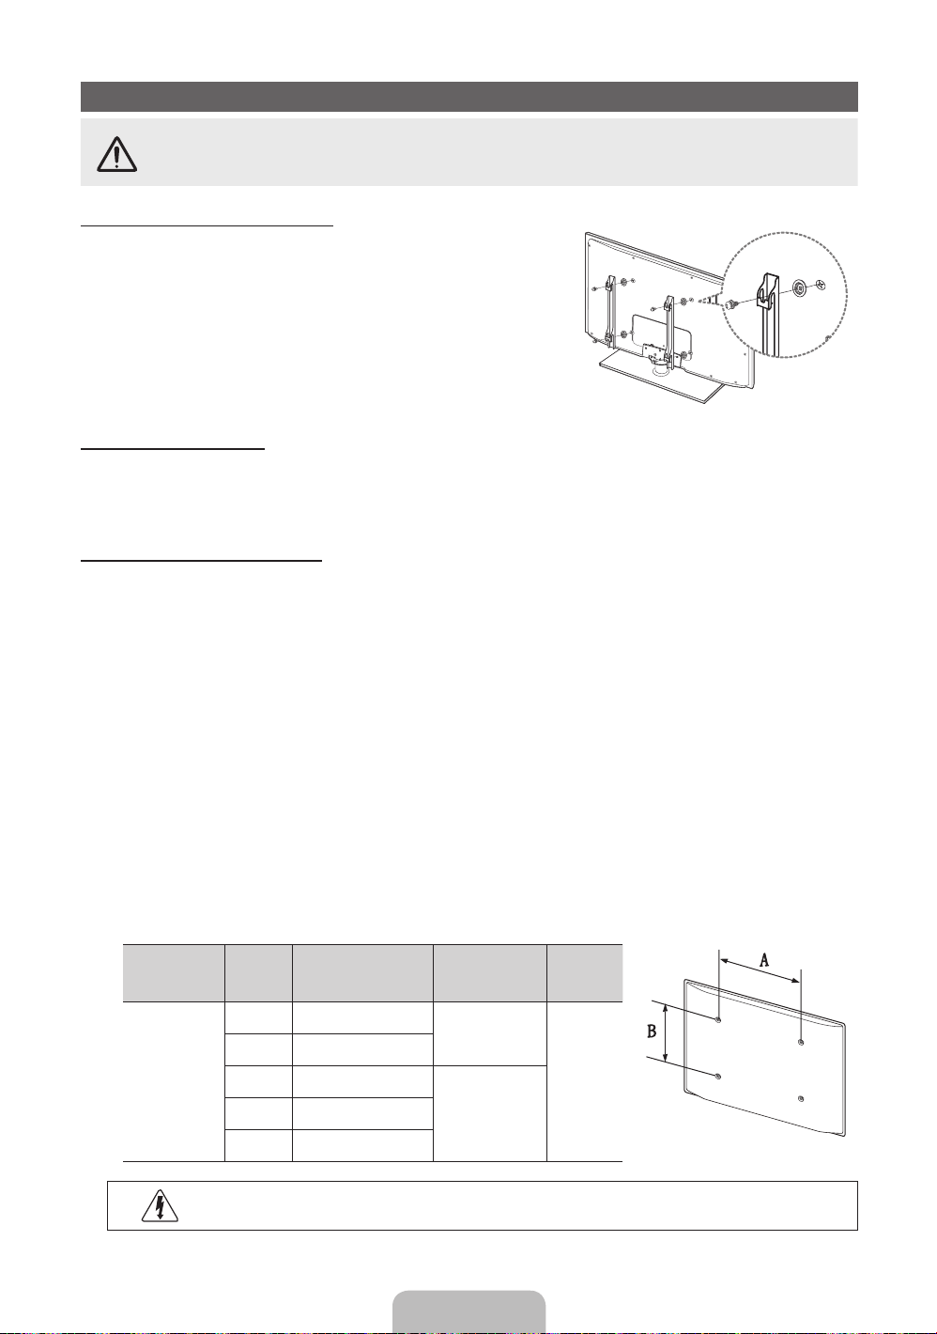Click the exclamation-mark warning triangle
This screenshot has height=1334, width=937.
point(117,154)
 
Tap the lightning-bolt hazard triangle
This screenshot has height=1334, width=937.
point(161,1206)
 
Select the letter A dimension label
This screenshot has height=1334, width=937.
point(764,959)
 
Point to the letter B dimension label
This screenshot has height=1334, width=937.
point(652,1031)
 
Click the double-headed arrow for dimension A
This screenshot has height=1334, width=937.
point(760,970)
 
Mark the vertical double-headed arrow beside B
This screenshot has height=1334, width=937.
point(667,1033)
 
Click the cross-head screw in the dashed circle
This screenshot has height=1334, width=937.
point(822,285)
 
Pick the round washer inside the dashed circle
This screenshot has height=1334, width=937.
point(800,288)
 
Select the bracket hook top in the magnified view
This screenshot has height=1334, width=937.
point(769,288)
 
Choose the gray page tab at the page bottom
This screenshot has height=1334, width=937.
point(468,1312)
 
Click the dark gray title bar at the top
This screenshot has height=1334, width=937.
point(469,97)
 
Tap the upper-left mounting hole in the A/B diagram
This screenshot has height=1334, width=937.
point(718,1020)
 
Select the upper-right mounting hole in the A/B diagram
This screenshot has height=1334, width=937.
point(801,1042)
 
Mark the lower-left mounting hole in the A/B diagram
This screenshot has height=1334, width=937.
point(718,1077)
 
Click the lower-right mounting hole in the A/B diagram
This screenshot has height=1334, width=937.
point(801,1099)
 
